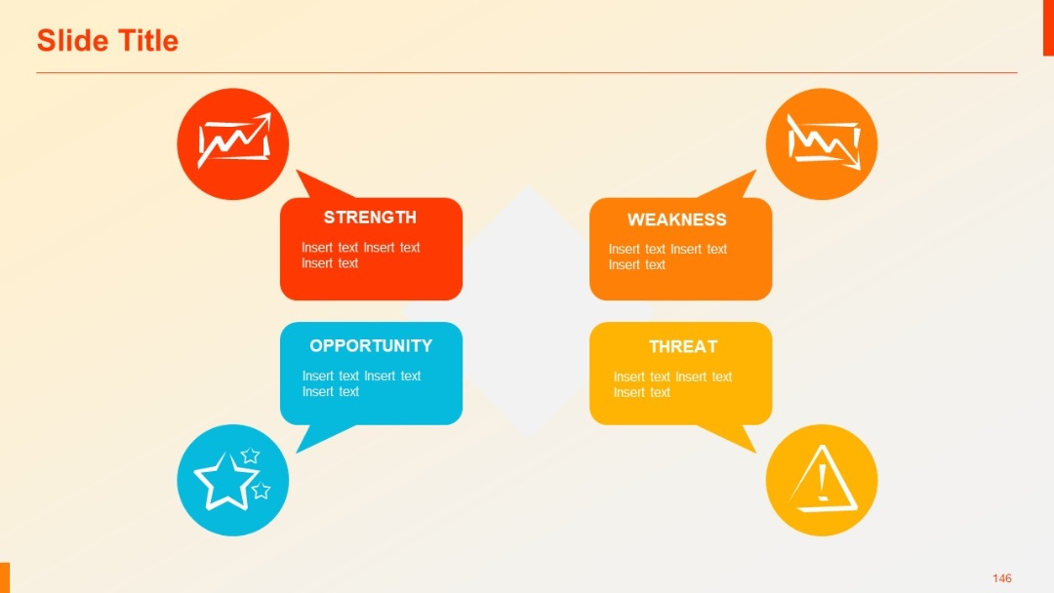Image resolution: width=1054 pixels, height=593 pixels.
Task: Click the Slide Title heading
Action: pyautogui.click(x=107, y=41)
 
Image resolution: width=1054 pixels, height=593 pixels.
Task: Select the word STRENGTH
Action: pyautogui.click(x=370, y=217)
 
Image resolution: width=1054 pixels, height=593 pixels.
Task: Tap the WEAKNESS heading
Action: pyautogui.click(x=676, y=219)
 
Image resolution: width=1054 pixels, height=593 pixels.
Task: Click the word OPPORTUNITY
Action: pyautogui.click(x=371, y=346)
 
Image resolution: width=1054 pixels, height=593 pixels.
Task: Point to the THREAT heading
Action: pyautogui.click(x=683, y=346)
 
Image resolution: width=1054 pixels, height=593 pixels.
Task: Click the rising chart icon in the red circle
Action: pyautogui.click(x=233, y=142)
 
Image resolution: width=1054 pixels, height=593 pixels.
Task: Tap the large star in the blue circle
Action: pyautogui.click(x=224, y=480)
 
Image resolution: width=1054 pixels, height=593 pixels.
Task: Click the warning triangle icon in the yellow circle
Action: pyautogui.click(x=823, y=480)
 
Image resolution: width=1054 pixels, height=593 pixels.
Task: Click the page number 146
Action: pyautogui.click(x=1002, y=578)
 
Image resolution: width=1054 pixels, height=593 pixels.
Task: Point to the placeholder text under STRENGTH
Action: pyautogui.click(x=360, y=256)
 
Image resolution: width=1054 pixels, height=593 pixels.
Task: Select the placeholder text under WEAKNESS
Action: pyautogui.click(x=668, y=257)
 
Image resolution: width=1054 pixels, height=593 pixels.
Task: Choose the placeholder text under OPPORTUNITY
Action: pyautogui.click(x=361, y=383)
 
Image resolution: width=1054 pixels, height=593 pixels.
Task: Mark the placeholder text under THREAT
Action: pyautogui.click(x=672, y=384)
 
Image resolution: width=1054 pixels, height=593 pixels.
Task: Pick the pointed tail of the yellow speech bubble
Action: pyautogui.click(x=739, y=438)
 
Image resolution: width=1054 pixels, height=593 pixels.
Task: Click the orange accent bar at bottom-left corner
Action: pyautogui.click(x=5, y=576)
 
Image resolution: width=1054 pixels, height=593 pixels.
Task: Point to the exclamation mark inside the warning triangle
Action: pyautogui.click(x=823, y=481)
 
